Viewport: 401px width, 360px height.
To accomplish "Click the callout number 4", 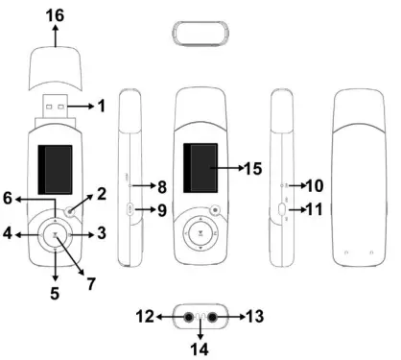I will pyautogui.click(x=9, y=233).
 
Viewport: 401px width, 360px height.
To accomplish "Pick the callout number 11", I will pyautogui.click(x=315, y=206).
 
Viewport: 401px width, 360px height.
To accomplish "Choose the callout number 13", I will pyautogui.click(x=255, y=316).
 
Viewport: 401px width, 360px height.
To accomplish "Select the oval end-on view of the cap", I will pyautogui.click(x=200, y=30).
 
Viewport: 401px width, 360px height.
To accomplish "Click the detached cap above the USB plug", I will pyautogui.click(x=55, y=63).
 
